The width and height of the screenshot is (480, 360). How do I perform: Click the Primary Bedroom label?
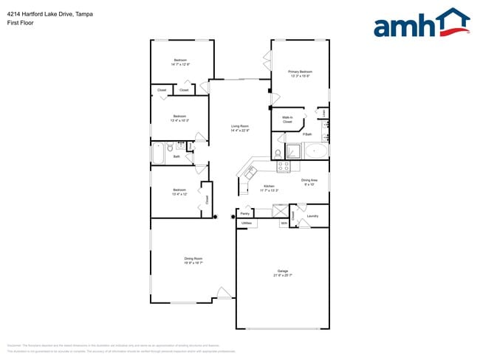[300, 74]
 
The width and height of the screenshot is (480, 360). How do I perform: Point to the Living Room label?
[239, 128]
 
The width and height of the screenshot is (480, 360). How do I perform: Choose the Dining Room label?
[193, 260]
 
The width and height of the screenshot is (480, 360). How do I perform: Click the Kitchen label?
[269, 188]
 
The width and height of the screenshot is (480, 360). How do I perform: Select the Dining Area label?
[309, 181]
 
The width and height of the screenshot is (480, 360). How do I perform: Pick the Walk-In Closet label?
[287, 120]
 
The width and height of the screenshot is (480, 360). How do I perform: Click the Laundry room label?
[312, 215]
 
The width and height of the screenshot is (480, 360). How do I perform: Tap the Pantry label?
[244, 213]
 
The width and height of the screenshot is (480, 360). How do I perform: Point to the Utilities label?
[247, 222]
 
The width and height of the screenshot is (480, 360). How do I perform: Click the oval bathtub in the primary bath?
[318, 151]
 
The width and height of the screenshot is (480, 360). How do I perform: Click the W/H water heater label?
[283, 222]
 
